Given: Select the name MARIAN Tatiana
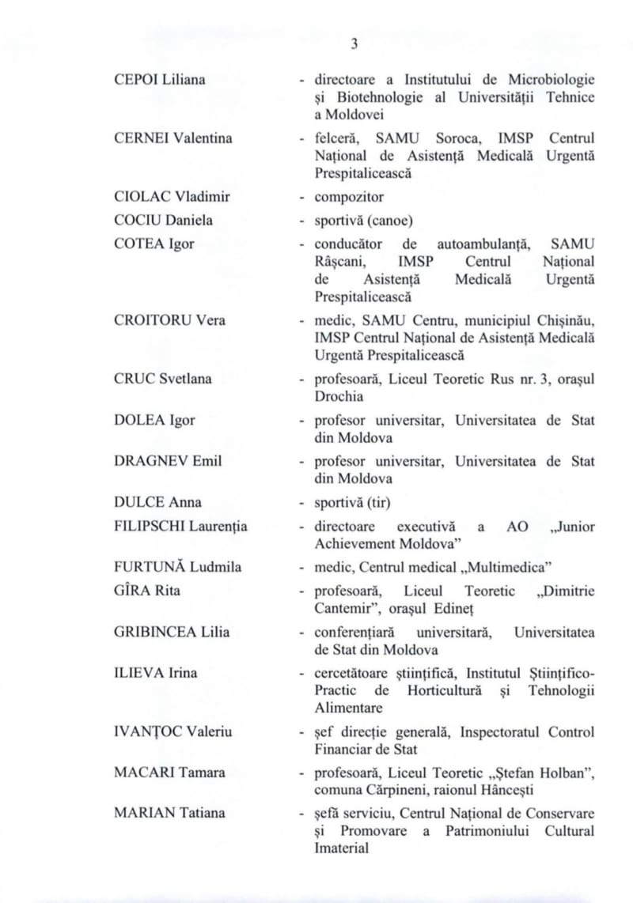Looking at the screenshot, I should click(169, 812).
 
